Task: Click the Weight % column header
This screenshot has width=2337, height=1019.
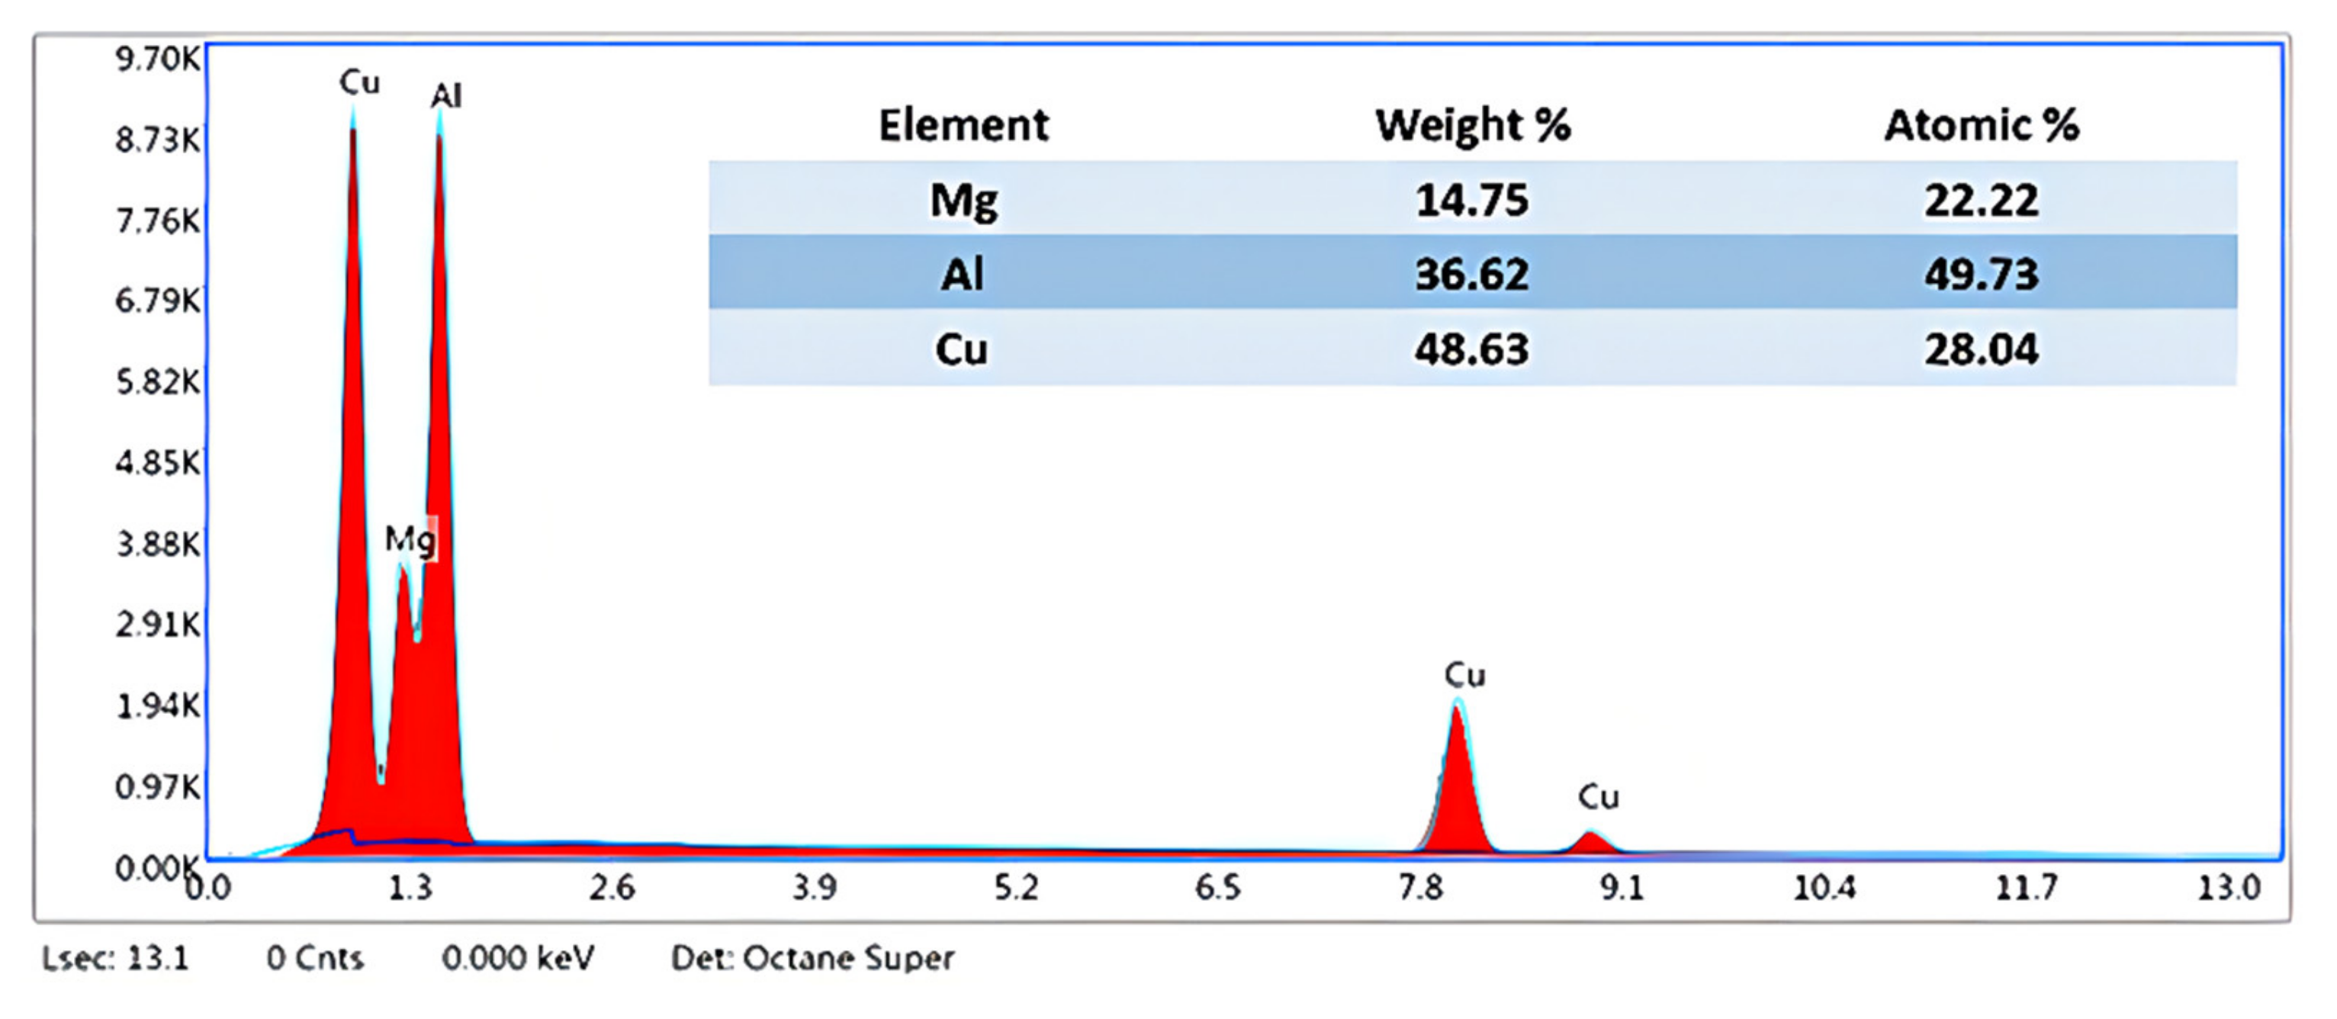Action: point(1471,125)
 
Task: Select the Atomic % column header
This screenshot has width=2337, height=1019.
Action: point(1982,125)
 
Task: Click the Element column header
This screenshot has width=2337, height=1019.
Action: point(963,125)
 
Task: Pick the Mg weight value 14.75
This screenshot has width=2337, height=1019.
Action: point(1471,200)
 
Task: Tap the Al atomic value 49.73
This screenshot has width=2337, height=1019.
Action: point(1982,274)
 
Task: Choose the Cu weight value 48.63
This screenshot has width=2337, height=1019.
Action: point(1471,349)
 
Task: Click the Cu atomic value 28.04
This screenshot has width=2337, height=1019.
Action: point(1982,349)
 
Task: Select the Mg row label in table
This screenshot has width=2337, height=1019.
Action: point(963,200)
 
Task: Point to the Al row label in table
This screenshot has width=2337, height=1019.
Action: point(962,274)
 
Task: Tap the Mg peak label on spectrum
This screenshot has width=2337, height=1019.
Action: point(409,540)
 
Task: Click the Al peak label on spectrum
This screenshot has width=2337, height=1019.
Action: point(446,95)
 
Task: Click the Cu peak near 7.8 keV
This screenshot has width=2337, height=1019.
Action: point(1457,771)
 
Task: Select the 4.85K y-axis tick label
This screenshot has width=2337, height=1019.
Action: point(157,463)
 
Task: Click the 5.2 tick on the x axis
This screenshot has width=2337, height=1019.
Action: point(1015,887)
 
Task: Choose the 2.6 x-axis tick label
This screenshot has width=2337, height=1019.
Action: point(612,887)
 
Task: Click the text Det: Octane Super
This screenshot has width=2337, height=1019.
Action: point(812,958)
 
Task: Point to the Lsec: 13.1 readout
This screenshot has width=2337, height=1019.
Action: point(115,958)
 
